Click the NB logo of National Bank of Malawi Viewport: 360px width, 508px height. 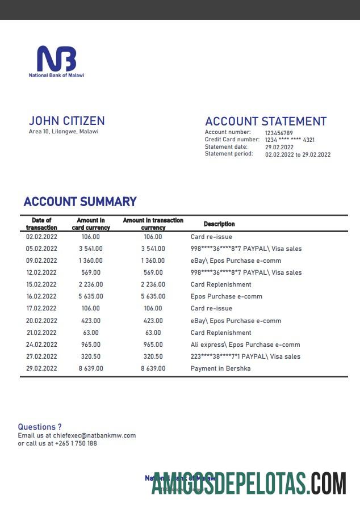(x=56, y=59)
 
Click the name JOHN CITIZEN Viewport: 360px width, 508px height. (x=66, y=121)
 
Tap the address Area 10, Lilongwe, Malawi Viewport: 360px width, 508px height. (x=63, y=132)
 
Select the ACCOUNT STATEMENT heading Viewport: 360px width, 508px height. (x=265, y=121)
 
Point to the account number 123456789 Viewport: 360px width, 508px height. (x=279, y=133)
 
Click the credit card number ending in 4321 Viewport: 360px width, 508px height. (x=290, y=140)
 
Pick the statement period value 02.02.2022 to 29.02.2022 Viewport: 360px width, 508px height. (x=298, y=154)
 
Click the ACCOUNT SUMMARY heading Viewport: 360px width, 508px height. (x=80, y=201)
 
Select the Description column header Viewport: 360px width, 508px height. (x=219, y=224)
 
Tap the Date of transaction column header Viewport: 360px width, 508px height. (x=41, y=224)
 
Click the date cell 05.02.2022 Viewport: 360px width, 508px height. (x=41, y=249)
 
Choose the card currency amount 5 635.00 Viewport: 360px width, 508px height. (x=91, y=296)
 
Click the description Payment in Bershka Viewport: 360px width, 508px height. (x=220, y=368)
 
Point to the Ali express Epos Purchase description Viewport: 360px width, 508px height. (x=245, y=345)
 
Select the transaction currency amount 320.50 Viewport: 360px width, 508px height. (x=153, y=356)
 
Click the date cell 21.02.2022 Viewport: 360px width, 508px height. (x=41, y=333)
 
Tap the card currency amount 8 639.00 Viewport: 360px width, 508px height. (x=91, y=368)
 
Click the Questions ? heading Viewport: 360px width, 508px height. (x=40, y=427)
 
